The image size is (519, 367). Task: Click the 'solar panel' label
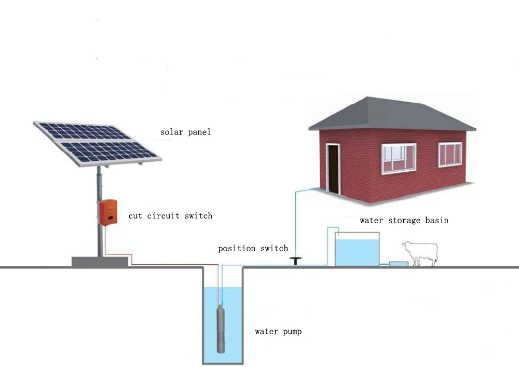coord(185,132)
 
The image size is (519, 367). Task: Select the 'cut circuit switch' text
coord(171,215)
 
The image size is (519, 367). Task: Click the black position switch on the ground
coord(296,261)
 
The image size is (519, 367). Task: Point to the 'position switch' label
coord(253,248)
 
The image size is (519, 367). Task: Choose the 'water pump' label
coord(278,332)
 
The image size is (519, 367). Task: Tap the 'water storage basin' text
coord(404,221)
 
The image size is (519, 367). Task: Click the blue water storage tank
coord(357,251)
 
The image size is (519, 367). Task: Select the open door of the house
coord(332,168)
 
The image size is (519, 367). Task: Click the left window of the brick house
coord(399,158)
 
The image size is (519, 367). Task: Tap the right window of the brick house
coord(450,154)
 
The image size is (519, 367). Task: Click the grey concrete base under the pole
coord(100,262)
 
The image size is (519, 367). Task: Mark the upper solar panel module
coord(83,132)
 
